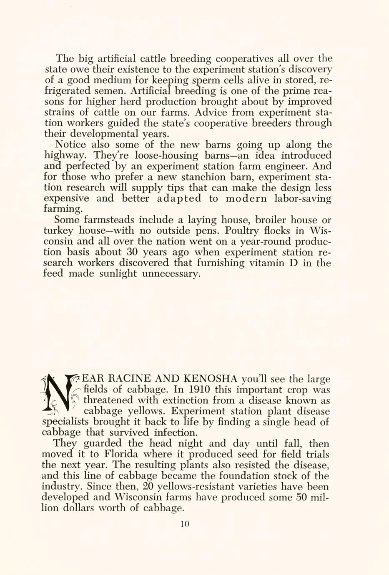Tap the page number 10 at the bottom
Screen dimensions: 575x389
185,524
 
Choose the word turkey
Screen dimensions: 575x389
59,230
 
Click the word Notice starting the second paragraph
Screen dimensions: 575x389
70,145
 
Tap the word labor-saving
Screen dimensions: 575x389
302,198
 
